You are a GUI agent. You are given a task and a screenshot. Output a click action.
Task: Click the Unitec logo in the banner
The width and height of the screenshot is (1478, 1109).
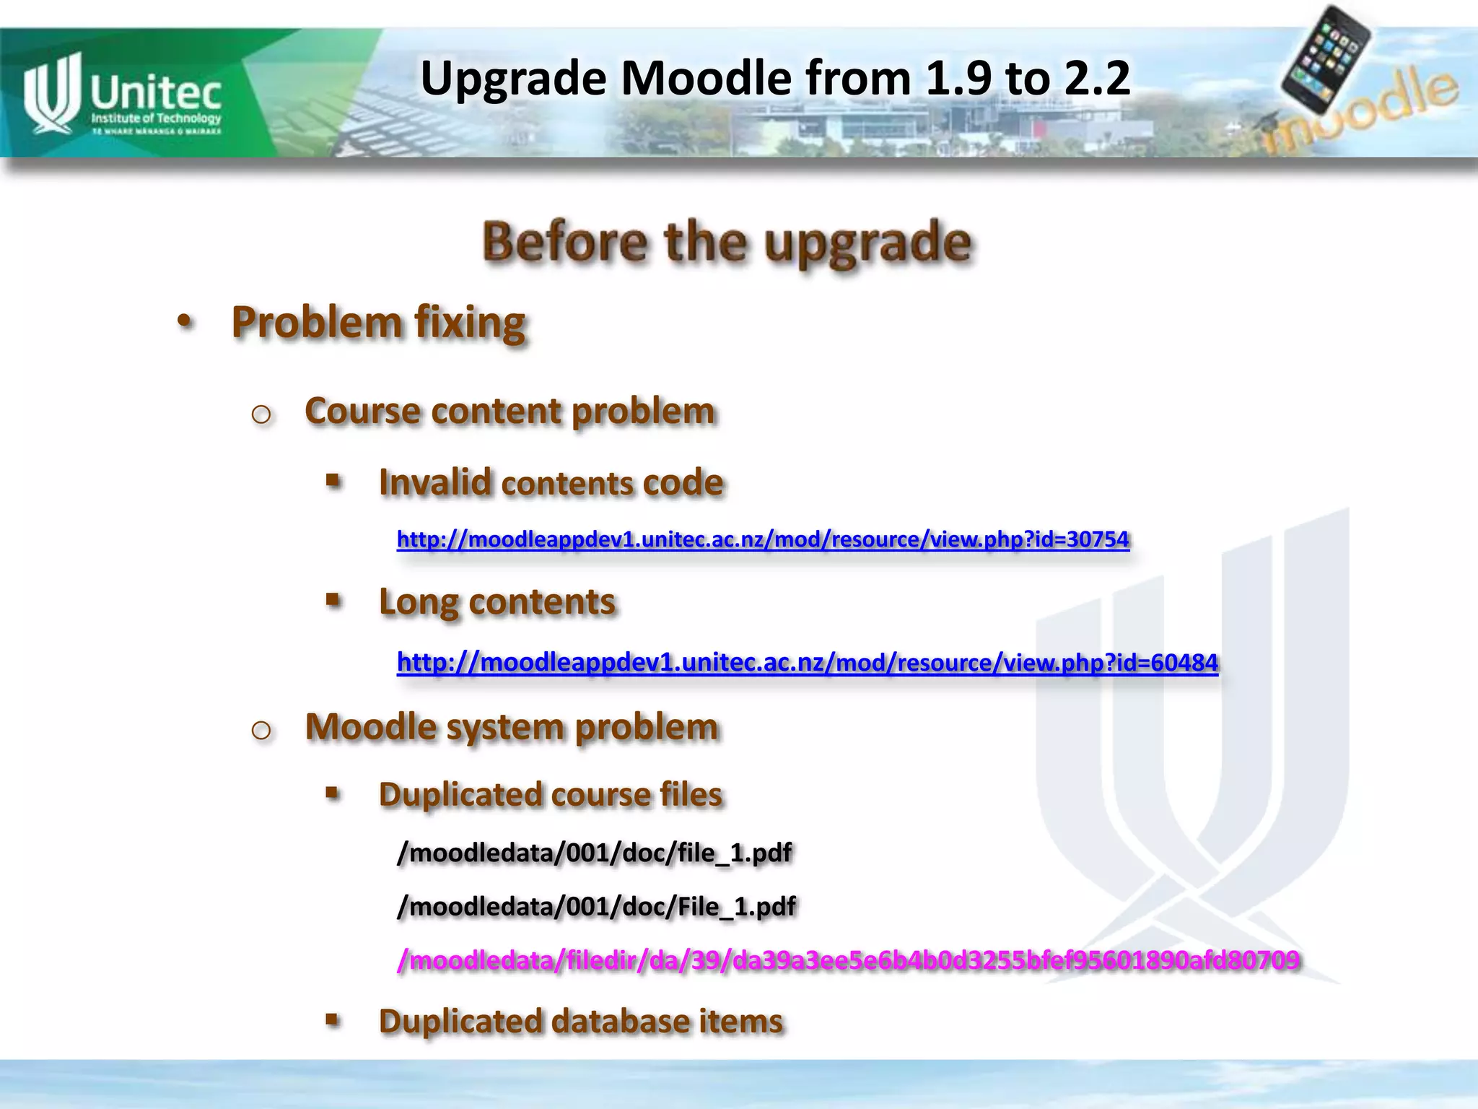pyautogui.click(x=123, y=94)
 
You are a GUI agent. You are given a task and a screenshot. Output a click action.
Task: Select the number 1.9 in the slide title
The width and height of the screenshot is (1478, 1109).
pyautogui.click(x=957, y=78)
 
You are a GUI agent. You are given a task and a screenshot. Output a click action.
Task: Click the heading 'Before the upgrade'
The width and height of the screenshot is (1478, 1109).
pyautogui.click(x=727, y=242)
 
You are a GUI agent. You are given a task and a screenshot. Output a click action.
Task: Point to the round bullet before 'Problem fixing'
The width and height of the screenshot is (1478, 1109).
pyautogui.click(x=185, y=321)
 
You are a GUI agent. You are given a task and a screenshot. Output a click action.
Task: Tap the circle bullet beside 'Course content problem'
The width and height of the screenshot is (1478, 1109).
pyautogui.click(x=261, y=414)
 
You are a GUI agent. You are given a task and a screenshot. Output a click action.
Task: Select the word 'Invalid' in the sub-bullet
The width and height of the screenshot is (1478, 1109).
pyautogui.click(x=434, y=482)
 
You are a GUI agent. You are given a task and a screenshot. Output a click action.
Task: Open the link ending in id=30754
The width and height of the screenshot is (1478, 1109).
pyautogui.click(x=763, y=539)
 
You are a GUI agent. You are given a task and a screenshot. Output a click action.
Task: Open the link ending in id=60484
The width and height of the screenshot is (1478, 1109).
pyautogui.click(x=808, y=662)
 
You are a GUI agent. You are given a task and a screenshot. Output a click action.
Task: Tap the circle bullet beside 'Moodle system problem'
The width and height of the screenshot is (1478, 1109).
pyautogui.click(x=261, y=730)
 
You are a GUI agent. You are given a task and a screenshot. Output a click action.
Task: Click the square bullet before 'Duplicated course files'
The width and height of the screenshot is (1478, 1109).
pyautogui.click(x=333, y=793)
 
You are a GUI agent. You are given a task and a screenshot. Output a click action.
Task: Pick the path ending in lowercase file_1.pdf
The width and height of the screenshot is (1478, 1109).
pyautogui.click(x=595, y=853)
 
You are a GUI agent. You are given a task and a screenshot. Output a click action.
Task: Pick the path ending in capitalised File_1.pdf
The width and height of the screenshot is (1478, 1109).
pyautogui.click(x=596, y=906)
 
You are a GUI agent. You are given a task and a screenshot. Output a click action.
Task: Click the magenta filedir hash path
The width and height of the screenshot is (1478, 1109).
pyautogui.click(x=848, y=960)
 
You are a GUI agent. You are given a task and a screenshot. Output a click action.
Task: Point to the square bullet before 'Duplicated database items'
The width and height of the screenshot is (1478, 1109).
pyautogui.click(x=333, y=1020)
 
